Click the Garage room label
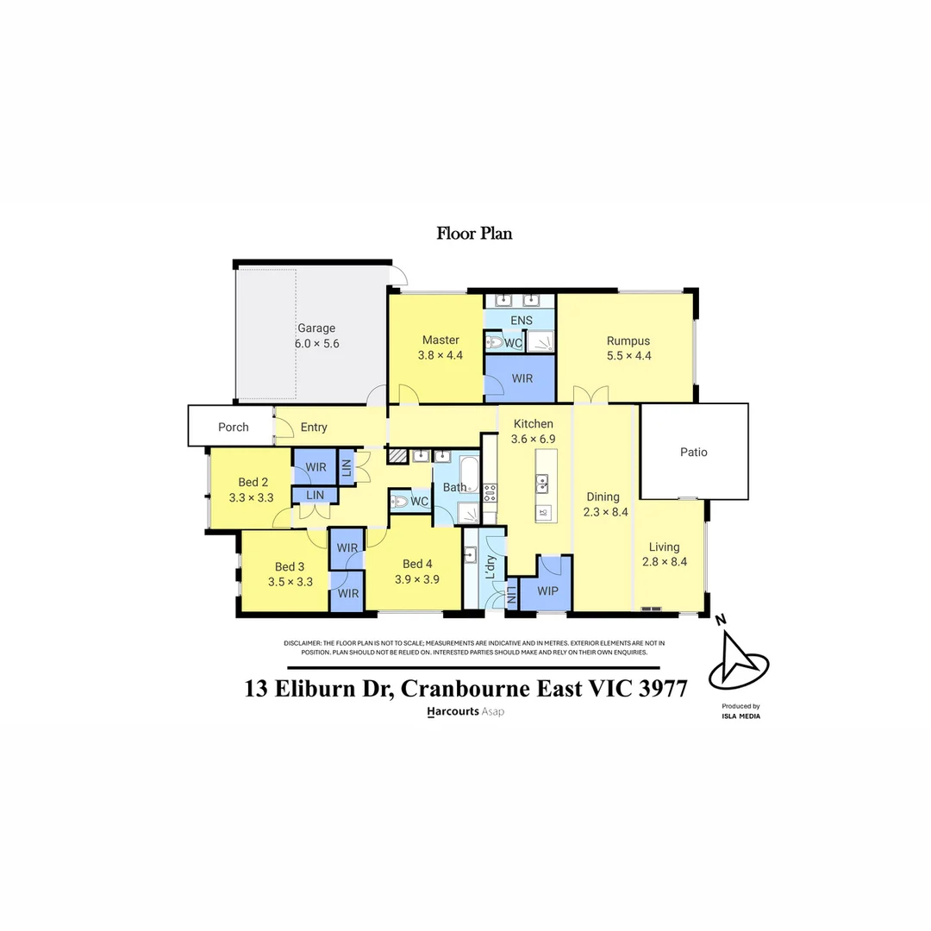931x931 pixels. (x=316, y=328)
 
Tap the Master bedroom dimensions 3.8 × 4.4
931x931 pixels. (x=441, y=354)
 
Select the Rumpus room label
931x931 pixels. (x=628, y=341)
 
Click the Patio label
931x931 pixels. (x=694, y=452)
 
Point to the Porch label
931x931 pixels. (x=233, y=427)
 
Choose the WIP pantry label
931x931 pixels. (x=548, y=591)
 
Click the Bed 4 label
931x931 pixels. (x=417, y=565)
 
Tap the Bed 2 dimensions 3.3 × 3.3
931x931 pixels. (x=251, y=497)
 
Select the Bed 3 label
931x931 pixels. (x=290, y=566)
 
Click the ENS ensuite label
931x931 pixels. (x=522, y=321)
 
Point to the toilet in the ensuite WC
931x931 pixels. (x=495, y=342)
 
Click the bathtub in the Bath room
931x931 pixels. (x=468, y=475)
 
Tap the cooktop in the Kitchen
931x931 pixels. (x=490, y=493)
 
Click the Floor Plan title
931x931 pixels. (x=474, y=233)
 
